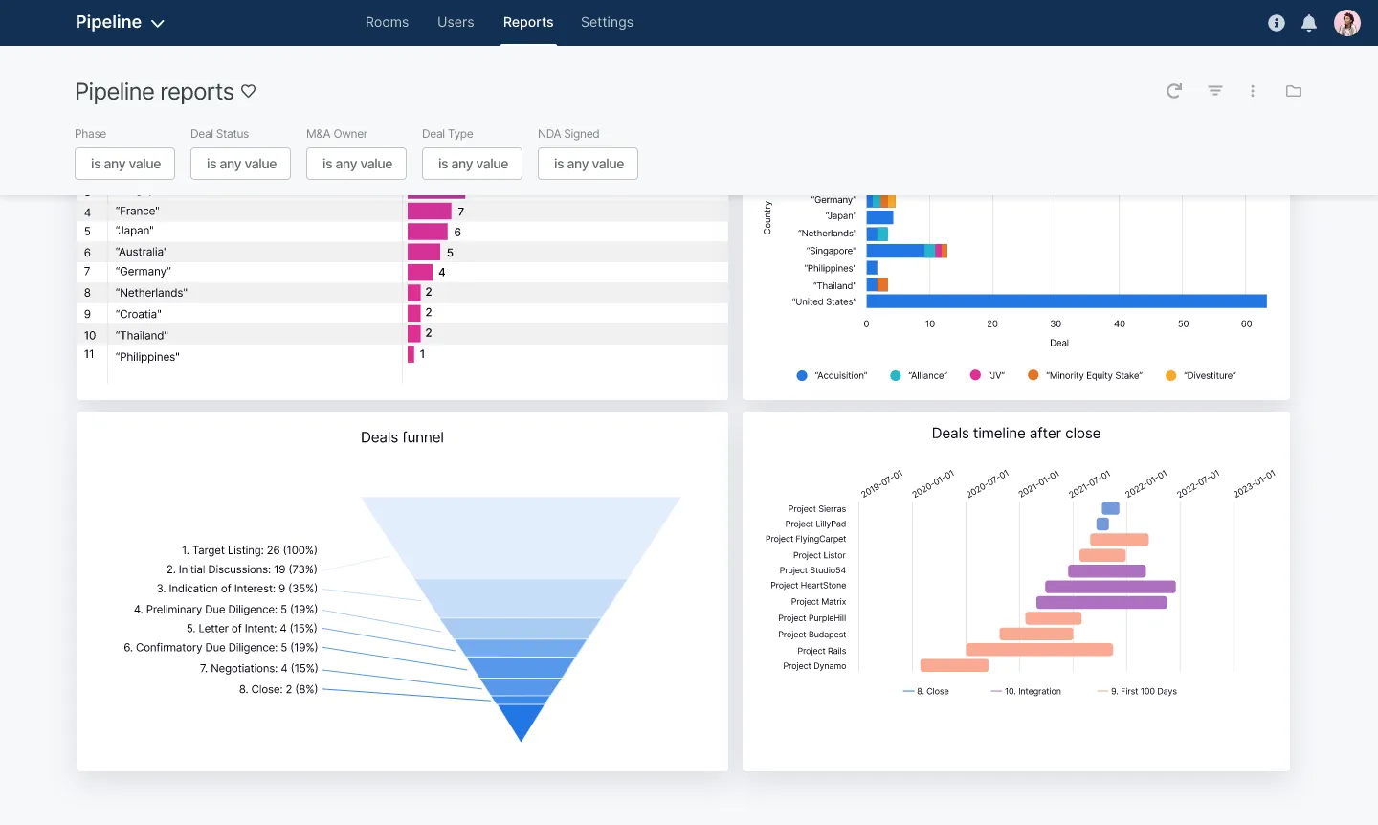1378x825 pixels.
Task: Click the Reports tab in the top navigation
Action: click(x=528, y=22)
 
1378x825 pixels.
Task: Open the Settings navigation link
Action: click(x=607, y=22)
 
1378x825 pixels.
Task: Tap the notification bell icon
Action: click(x=1309, y=23)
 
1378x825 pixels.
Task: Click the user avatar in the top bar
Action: click(x=1347, y=23)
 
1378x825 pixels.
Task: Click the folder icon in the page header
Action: click(x=1294, y=91)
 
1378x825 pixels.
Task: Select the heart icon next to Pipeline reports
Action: click(x=249, y=91)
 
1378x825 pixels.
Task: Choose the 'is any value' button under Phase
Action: click(x=125, y=164)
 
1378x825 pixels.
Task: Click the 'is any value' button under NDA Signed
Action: click(x=589, y=164)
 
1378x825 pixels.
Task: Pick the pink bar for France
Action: click(x=429, y=212)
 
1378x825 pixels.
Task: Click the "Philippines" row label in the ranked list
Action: click(x=147, y=357)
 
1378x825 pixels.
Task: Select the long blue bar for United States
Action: click(x=1066, y=301)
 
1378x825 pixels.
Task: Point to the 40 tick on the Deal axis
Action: click(x=1119, y=324)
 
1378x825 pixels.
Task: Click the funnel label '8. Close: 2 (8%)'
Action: click(x=278, y=689)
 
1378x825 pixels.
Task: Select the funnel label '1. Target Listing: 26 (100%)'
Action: click(x=249, y=550)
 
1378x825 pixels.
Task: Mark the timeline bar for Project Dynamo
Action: click(x=954, y=665)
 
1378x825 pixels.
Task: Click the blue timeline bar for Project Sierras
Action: click(x=1110, y=508)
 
